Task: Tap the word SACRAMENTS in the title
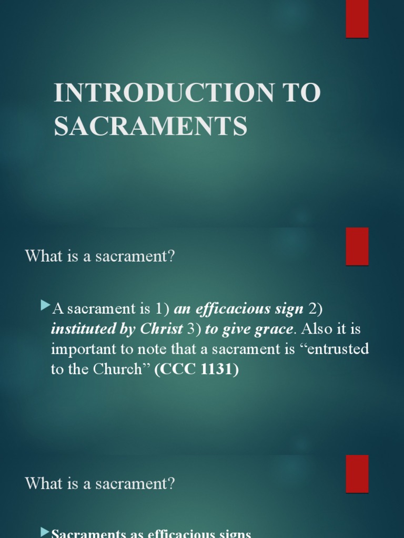150,126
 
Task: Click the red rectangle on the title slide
357,19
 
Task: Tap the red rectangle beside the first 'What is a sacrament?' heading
357,246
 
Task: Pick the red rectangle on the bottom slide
357,473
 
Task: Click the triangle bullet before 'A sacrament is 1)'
45,305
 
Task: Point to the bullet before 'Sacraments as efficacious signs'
45,532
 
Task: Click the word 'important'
80,349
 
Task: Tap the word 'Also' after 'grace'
315,329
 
